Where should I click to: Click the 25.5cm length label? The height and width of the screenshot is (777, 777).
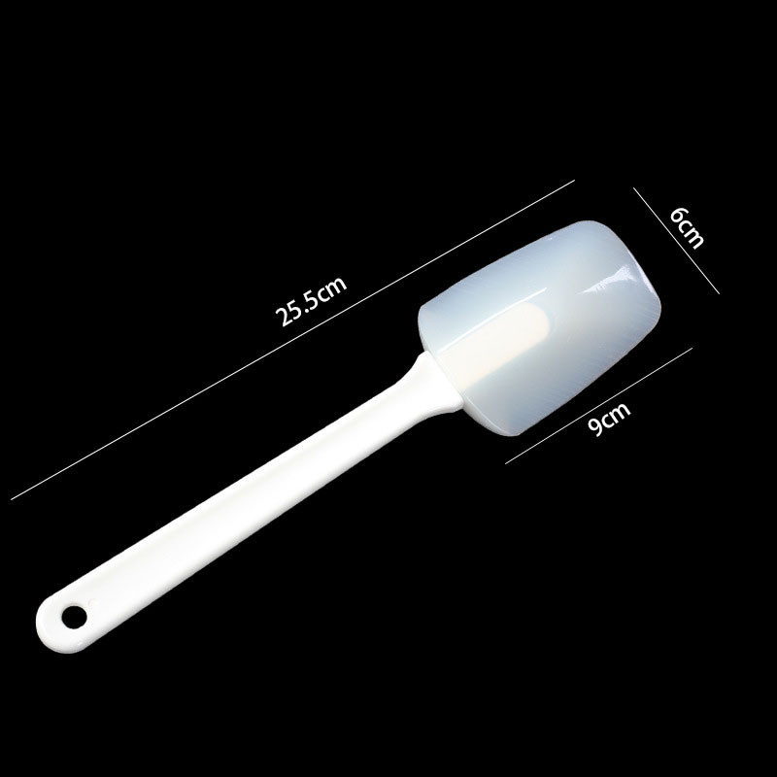311,301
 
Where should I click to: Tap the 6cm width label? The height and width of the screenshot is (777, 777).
687,228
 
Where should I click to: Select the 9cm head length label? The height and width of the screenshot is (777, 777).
609,419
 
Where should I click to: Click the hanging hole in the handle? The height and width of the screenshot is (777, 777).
75,617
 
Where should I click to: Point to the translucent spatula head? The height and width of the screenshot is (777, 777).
540,327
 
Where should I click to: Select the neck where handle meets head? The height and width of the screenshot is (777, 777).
436,382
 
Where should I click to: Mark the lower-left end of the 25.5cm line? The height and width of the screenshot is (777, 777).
12,499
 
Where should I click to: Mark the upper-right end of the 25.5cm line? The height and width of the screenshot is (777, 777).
574,181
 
